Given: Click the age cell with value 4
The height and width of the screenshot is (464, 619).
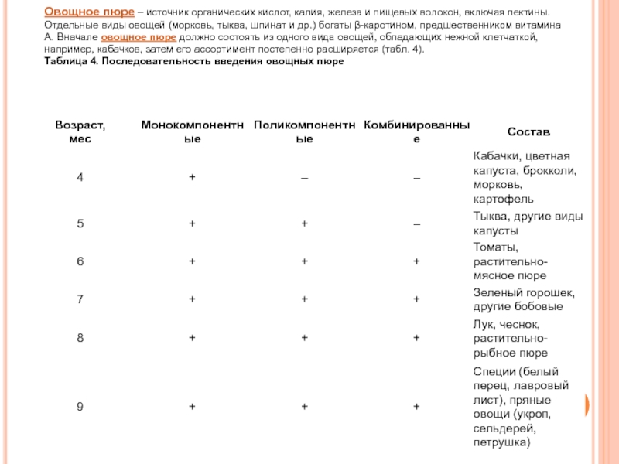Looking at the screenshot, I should click(x=80, y=178).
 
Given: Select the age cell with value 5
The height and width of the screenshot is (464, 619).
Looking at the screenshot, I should click(x=80, y=223).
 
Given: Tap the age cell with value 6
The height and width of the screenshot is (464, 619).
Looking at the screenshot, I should click(x=80, y=261).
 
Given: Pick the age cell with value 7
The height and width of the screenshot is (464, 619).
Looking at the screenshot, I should click(x=80, y=299).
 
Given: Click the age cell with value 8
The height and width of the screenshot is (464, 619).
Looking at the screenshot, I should click(x=80, y=337).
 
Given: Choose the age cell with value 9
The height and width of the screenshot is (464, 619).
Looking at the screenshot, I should click(x=80, y=406).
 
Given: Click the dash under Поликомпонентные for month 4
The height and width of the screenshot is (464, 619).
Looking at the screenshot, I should click(x=305, y=179).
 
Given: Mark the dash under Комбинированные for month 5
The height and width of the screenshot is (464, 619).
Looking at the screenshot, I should click(x=417, y=224).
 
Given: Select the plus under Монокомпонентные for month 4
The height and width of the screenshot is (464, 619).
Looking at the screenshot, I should click(x=192, y=178).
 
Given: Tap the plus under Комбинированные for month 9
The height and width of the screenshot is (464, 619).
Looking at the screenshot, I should click(x=417, y=406).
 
